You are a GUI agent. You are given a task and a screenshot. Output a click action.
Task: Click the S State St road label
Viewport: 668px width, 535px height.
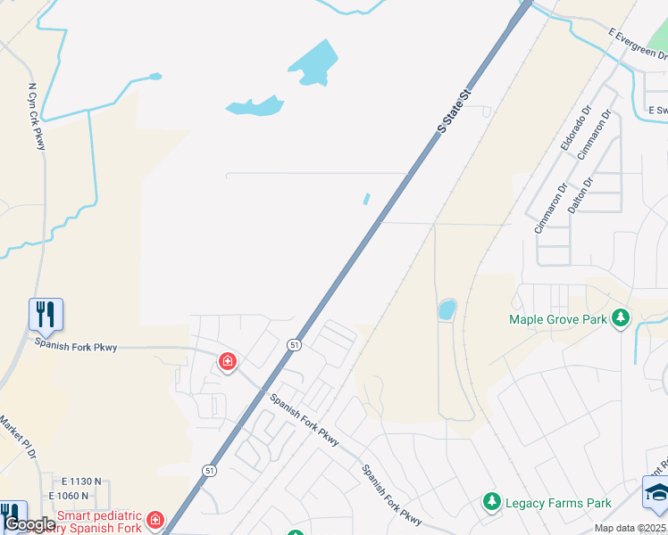(453, 111)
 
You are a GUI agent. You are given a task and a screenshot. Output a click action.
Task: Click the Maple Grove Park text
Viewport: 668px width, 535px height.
(558, 319)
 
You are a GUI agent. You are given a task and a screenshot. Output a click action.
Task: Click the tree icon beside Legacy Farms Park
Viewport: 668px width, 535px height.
(491, 503)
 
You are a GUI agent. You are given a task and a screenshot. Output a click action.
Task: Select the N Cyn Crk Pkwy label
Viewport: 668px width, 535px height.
(36, 116)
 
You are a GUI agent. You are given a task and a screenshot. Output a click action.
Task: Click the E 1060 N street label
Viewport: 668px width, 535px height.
(69, 496)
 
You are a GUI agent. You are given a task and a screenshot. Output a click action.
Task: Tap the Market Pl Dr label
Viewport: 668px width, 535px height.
(16, 437)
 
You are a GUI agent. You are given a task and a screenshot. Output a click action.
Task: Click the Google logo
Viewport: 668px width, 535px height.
(29, 524)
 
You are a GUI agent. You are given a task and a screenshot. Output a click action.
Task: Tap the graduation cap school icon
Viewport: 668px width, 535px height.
(655, 491)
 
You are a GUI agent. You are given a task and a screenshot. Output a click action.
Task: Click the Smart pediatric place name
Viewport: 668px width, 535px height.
(99, 514)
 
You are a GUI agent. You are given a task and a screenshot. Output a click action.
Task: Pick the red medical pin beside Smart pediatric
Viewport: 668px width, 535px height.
(155, 519)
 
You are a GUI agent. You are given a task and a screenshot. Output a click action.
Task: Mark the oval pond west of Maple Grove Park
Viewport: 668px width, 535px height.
(447, 310)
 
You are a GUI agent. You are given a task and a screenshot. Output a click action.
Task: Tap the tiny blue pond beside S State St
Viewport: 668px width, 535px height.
(367, 199)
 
